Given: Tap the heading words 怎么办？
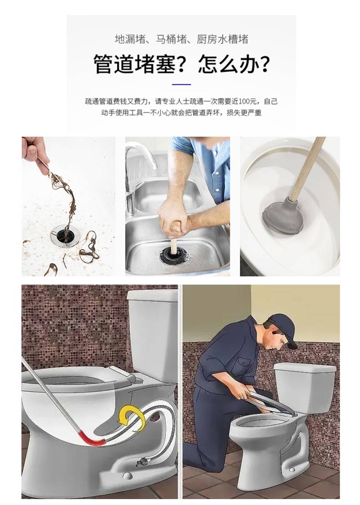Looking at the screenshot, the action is click(234, 64).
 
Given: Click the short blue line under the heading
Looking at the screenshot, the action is click(181, 84).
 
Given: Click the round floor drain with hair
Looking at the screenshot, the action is click(64, 235).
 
